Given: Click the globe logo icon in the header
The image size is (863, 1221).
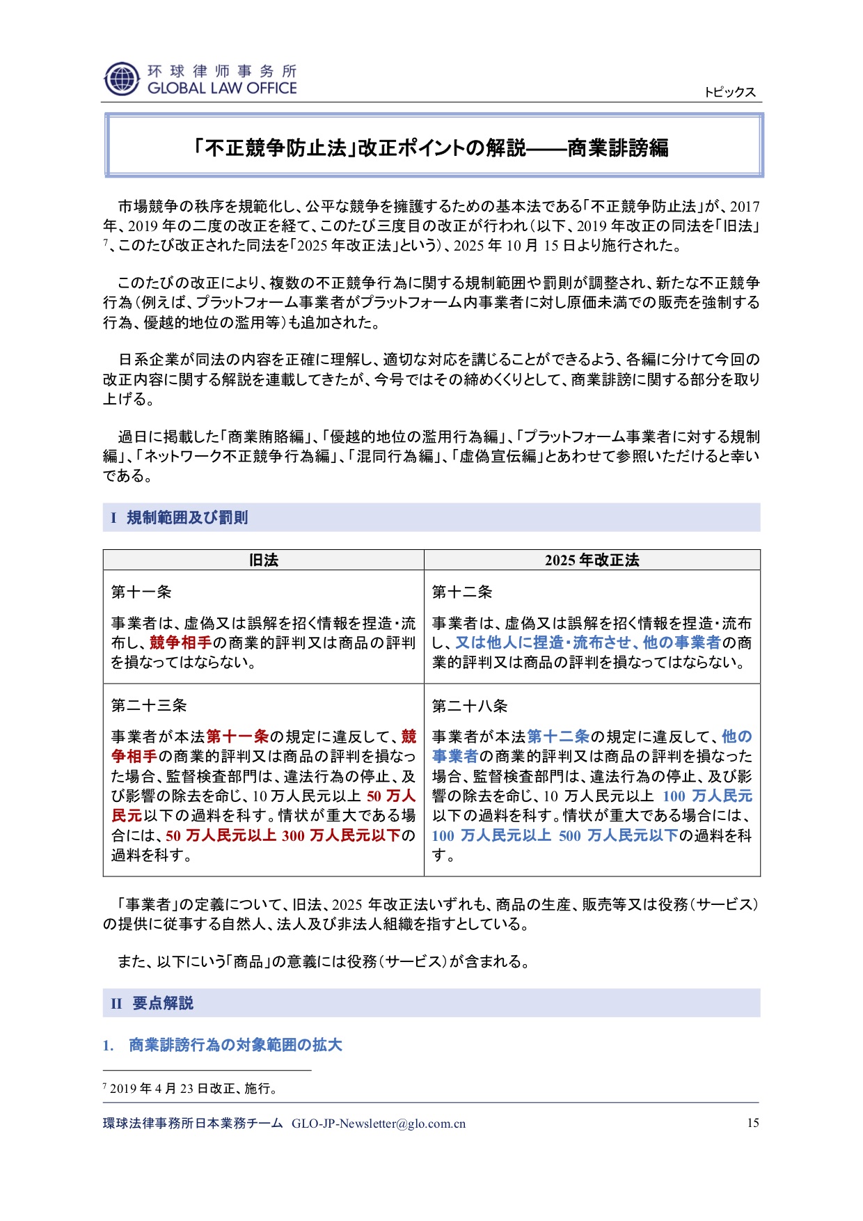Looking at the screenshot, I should point(122,79).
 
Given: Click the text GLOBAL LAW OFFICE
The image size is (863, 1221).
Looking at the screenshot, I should point(222,88).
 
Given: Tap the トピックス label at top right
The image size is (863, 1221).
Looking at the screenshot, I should point(729,93).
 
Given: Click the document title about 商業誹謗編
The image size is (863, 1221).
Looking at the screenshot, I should point(431,148).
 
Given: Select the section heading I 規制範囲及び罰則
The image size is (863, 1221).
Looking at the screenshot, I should point(180,518).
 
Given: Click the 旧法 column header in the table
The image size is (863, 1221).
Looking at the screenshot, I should point(263,560).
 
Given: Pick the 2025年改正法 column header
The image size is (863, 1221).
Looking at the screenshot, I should point(592,560).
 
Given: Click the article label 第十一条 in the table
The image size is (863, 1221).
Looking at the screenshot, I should point(141,592).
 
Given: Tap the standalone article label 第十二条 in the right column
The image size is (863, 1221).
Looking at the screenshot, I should point(462,592).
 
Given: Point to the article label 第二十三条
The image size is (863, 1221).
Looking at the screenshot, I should point(149,706).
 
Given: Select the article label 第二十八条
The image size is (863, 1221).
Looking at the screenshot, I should point(470,706).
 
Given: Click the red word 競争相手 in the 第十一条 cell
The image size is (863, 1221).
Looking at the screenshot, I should point(180,643).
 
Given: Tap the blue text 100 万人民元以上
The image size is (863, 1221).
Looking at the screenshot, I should point(491,835).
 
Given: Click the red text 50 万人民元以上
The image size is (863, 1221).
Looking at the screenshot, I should point(221,835).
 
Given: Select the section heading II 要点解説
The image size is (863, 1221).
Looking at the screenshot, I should point(152,1003).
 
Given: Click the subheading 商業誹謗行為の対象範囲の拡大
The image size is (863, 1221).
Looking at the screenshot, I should point(235,1045).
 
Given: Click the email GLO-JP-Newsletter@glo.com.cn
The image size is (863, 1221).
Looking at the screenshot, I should point(379,1124).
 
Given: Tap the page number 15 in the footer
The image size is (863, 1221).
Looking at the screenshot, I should point(752,1123).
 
